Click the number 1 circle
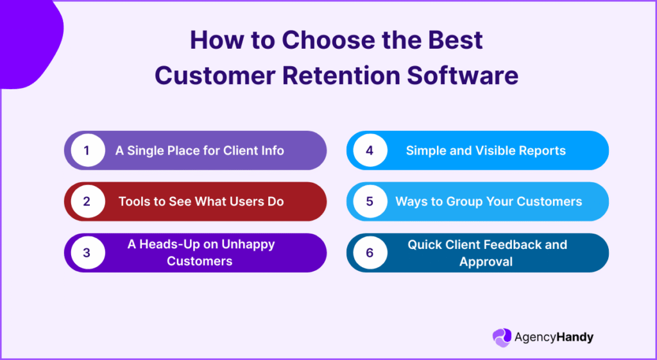pyautogui.click(x=87, y=151)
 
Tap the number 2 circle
pyautogui.click(x=87, y=201)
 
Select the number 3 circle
pyautogui.click(x=87, y=253)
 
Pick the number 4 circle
pyautogui.click(x=370, y=151)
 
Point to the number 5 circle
pyautogui.click(x=370, y=201)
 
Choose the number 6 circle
pyautogui.click(x=370, y=253)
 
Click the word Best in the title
pyautogui.click(x=452, y=41)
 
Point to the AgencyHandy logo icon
pyautogui.click(x=502, y=337)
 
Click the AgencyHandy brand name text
pyautogui.click(x=554, y=337)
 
